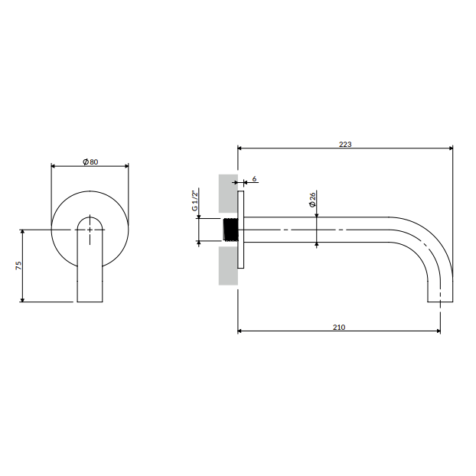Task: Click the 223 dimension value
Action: tap(345, 144)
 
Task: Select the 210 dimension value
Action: tap(339, 328)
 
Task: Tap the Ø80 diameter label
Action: tap(90, 161)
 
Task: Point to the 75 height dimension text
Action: tap(18, 266)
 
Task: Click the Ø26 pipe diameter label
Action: tap(312, 200)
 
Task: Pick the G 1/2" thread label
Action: tap(194, 200)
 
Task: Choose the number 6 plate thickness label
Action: tap(254, 179)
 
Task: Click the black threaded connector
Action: tap(230, 230)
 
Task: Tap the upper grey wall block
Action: tap(228, 194)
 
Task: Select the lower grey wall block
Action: tap(228, 266)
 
